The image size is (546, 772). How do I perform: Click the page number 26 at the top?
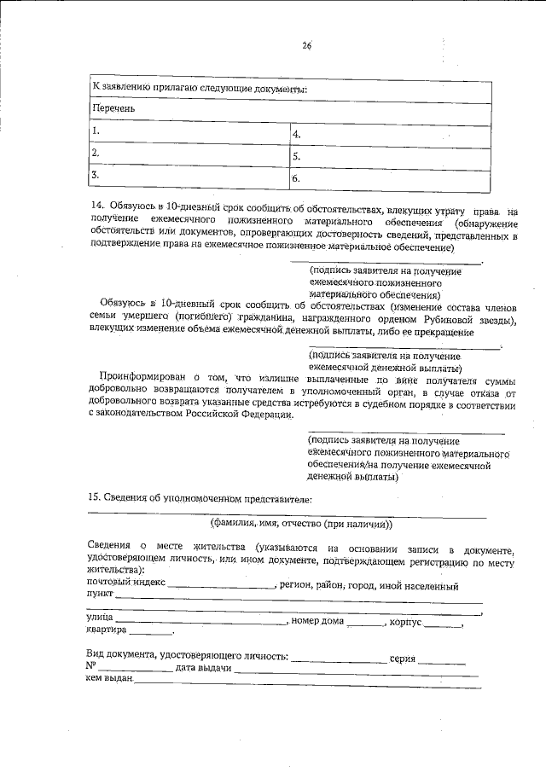point(305,47)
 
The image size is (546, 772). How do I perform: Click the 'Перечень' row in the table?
point(289,109)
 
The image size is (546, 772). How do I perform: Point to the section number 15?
point(96,497)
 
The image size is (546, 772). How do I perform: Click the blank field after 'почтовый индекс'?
point(221,587)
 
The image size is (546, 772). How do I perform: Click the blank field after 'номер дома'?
point(366,622)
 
